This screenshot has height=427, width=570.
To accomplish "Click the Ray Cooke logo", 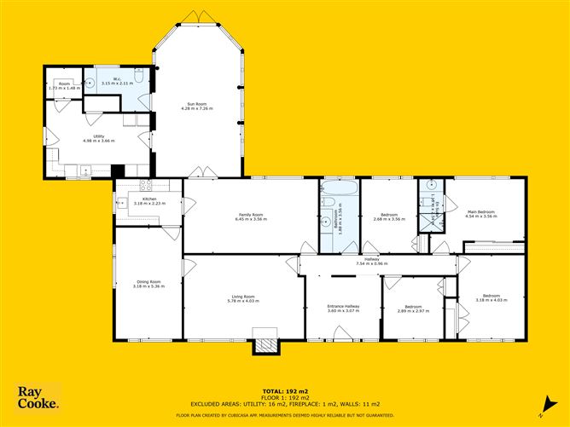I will click(38, 398).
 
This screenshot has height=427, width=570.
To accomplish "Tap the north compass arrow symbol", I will click(542, 417).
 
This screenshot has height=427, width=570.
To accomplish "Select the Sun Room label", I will click(195, 107).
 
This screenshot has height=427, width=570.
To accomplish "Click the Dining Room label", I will click(148, 284).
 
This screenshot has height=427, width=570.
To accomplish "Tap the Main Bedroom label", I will click(481, 214).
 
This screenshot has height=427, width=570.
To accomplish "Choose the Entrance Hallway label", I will click(344, 308).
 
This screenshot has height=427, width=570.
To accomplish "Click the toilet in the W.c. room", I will click(141, 82).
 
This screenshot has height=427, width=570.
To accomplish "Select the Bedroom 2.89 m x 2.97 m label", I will click(413, 309).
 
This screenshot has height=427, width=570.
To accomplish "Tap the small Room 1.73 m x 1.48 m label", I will click(64, 86).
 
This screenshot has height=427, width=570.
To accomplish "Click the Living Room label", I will click(243, 298).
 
